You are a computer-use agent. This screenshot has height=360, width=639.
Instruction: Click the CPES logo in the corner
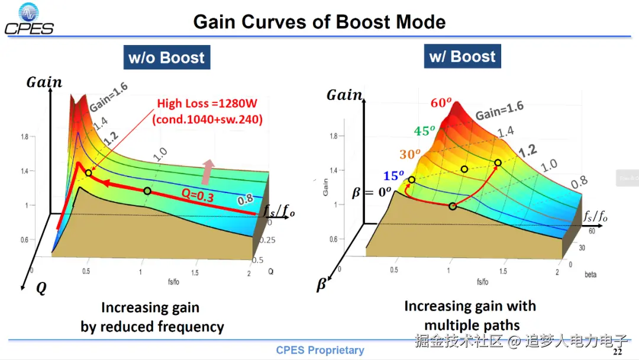pyautogui.click(x=29, y=19)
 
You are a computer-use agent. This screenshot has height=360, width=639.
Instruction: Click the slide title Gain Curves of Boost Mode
pyautogui.click(x=319, y=22)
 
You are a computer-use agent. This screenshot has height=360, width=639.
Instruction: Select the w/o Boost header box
pyautogui.click(x=166, y=58)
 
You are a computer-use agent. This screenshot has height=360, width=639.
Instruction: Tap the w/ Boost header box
pyautogui.click(x=463, y=57)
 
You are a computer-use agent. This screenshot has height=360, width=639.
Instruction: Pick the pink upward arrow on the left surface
pyautogui.click(x=206, y=171)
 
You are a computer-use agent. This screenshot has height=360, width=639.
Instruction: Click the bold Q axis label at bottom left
pyautogui.click(x=41, y=288)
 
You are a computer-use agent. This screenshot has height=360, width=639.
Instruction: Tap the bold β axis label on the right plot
pyautogui.click(x=321, y=285)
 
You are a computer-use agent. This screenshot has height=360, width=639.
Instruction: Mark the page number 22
pyautogui.click(x=617, y=352)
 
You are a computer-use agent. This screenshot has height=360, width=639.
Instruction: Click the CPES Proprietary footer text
pyautogui.click(x=320, y=350)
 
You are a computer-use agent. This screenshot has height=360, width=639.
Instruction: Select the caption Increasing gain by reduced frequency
pyautogui.click(x=152, y=317)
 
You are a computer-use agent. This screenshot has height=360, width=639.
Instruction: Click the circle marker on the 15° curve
pyautogui.click(x=412, y=179)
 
